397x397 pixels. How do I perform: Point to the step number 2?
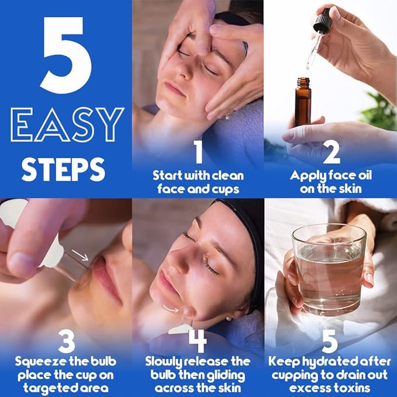pos(331,154)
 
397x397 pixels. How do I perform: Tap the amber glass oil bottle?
pos(303,103)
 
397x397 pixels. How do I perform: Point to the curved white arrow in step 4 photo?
pos(171,306)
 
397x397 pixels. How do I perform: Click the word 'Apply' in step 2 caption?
pos(307,174)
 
